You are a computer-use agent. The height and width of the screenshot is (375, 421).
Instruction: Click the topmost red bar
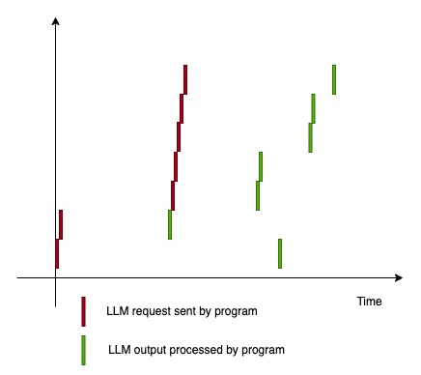pyautogui.click(x=184, y=79)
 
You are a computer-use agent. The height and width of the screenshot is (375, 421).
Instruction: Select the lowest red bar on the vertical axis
pyautogui.click(x=57, y=253)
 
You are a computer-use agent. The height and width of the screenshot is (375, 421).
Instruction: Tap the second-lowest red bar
pyautogui.click(x=61, y=224)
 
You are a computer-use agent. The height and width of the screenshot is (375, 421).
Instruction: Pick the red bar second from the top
pyautogui.click(x=182, y=108)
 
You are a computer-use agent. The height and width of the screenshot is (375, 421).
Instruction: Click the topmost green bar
pyautogui.click(x=334, y=79)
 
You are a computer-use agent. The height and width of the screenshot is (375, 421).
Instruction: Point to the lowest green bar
pyautogui.click(x=280, y=253)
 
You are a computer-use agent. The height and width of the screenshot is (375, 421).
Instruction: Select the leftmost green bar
pyautogui.click(x=170, y=224)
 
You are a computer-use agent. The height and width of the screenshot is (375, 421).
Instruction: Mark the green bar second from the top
pyautogui.click(x=313, y=108)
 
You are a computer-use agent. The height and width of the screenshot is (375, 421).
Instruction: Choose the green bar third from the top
pyautogui.click(x=310, y=137)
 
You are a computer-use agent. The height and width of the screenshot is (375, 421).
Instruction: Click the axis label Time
pyautogui.click(x=370, y=302)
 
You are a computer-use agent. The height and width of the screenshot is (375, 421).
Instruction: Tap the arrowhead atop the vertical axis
pyautogui.click(x=56, y=21)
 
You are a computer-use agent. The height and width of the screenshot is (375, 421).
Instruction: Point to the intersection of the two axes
pyautogui.click(x=56, y=279)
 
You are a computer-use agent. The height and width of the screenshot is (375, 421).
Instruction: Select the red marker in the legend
pyautogui.click(x=84, y=311)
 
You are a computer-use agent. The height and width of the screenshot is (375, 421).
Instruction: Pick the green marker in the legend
pyautogui.click(x=84, y=350)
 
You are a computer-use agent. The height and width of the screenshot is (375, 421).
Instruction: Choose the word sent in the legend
pyautogui.click(x=189, y=311)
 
